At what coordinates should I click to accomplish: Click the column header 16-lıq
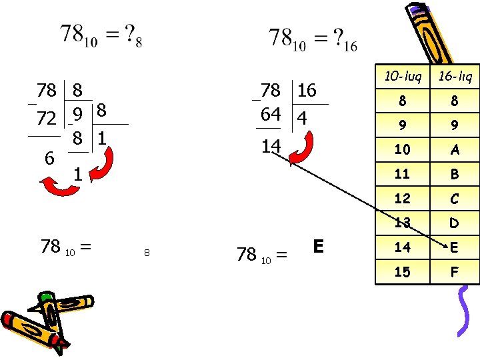click(454, 77)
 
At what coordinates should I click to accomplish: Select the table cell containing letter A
click(454, 150)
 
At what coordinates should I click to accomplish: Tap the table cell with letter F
click(454, 271)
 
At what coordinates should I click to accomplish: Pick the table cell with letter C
click(454, 198)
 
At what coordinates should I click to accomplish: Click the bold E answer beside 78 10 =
click(318, 247)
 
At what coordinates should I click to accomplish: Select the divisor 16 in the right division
click(307, 91)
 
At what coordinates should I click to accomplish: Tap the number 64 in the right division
click(271, 114)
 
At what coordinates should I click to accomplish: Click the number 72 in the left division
click(46, 119)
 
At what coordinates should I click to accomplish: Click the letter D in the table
click(454, 223)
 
